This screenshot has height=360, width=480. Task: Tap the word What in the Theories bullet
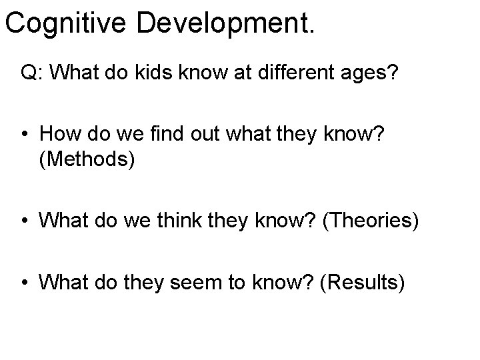tap(59, 219)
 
